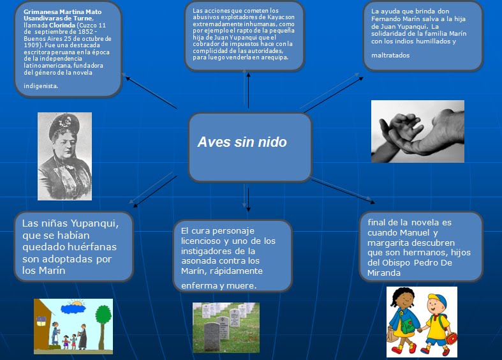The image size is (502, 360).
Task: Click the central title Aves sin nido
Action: (x=242, y=142)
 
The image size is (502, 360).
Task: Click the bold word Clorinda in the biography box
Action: (x=63, y=25)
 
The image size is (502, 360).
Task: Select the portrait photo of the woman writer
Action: (x=64, y=156)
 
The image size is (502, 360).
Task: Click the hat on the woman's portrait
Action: (x=64, y=124)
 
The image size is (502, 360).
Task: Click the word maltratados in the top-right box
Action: (x=390, y=55)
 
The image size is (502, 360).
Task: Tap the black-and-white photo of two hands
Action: (x=417, y=131)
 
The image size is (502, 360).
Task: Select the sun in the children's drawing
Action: (x=77, y=303)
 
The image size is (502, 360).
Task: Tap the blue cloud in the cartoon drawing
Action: (x=73, y=309)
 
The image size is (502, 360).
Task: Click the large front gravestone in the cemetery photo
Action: (x=212, y=336)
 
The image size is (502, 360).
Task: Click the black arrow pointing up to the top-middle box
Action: (x=248, y=91)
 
